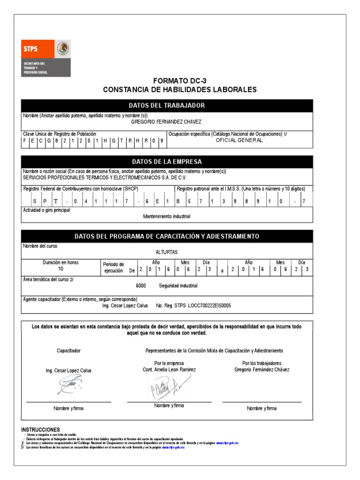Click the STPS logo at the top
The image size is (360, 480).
[46, 58]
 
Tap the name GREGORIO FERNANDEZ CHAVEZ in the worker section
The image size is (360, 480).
[166, 122]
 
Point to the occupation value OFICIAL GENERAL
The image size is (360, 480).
[239, 140]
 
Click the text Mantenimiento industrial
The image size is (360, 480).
[166, 216]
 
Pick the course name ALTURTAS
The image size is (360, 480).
[166, 252]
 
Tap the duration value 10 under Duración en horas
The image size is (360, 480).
[60, 270]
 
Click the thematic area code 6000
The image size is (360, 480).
[141, 285]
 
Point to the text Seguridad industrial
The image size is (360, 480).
[178, 285]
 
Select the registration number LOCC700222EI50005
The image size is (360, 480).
[210, 305]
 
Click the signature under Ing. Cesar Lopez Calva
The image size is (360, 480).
[68, 386]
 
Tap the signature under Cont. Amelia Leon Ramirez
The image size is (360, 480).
[169, 387]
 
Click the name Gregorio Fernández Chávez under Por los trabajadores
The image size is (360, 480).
[262, 369]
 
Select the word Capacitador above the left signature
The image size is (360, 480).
[68, 351]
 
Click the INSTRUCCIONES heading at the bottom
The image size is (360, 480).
[41, 429]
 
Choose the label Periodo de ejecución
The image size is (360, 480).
[113, 267]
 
